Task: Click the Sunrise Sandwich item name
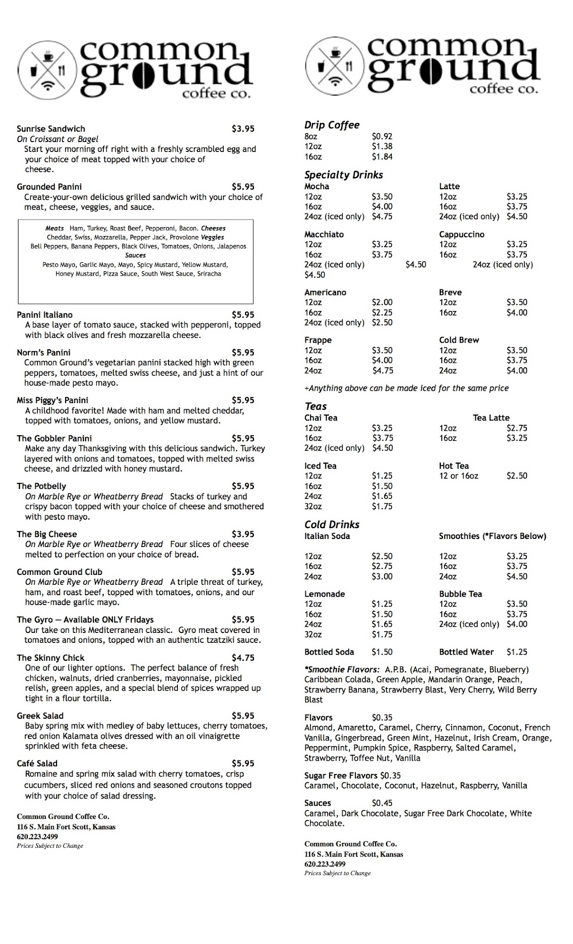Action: tap(51, 129)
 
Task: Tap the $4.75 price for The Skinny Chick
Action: tap(243, 658)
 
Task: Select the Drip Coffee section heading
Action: tap(332, 125)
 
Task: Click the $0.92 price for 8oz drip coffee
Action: tap(382, 136)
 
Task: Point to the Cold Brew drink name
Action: tap(459, 340)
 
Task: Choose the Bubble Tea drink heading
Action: tap(460, 594)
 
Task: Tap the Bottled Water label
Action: tap(466, 652)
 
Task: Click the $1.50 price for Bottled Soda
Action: tap(382, 652)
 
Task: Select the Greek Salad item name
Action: tap(40, 716)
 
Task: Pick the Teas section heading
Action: tap(315, 406)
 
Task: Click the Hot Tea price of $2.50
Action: tap(517, 476)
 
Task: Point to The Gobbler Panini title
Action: tap(54, 438)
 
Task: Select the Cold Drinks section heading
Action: tap(332, 524)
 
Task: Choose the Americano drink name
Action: tap(325, 293)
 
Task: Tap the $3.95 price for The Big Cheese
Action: tap(243, 534)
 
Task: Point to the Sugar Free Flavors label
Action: tap(341, 775)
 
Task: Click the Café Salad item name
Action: tap(37, 764)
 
